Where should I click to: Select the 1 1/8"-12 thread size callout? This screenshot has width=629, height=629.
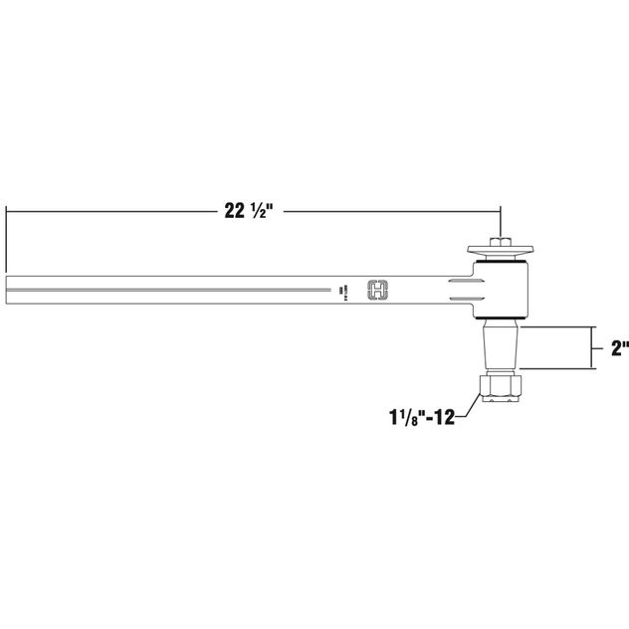coord(421,417)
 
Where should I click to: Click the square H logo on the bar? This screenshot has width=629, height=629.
coord(378,289)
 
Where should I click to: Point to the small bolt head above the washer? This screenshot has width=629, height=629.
coord(501,240)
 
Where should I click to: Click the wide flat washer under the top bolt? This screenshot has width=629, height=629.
coord(501,250)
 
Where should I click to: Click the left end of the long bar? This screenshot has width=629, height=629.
coord(8,289)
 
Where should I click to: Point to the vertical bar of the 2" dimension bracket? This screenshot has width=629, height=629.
coord(593,348)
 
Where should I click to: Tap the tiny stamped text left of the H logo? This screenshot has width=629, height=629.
coord(340,290)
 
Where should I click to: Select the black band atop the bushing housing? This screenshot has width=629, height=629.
coord(501,261)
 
